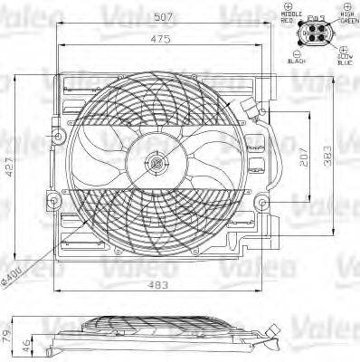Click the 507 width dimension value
pos(165,15)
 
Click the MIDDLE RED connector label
pos(291,17)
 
